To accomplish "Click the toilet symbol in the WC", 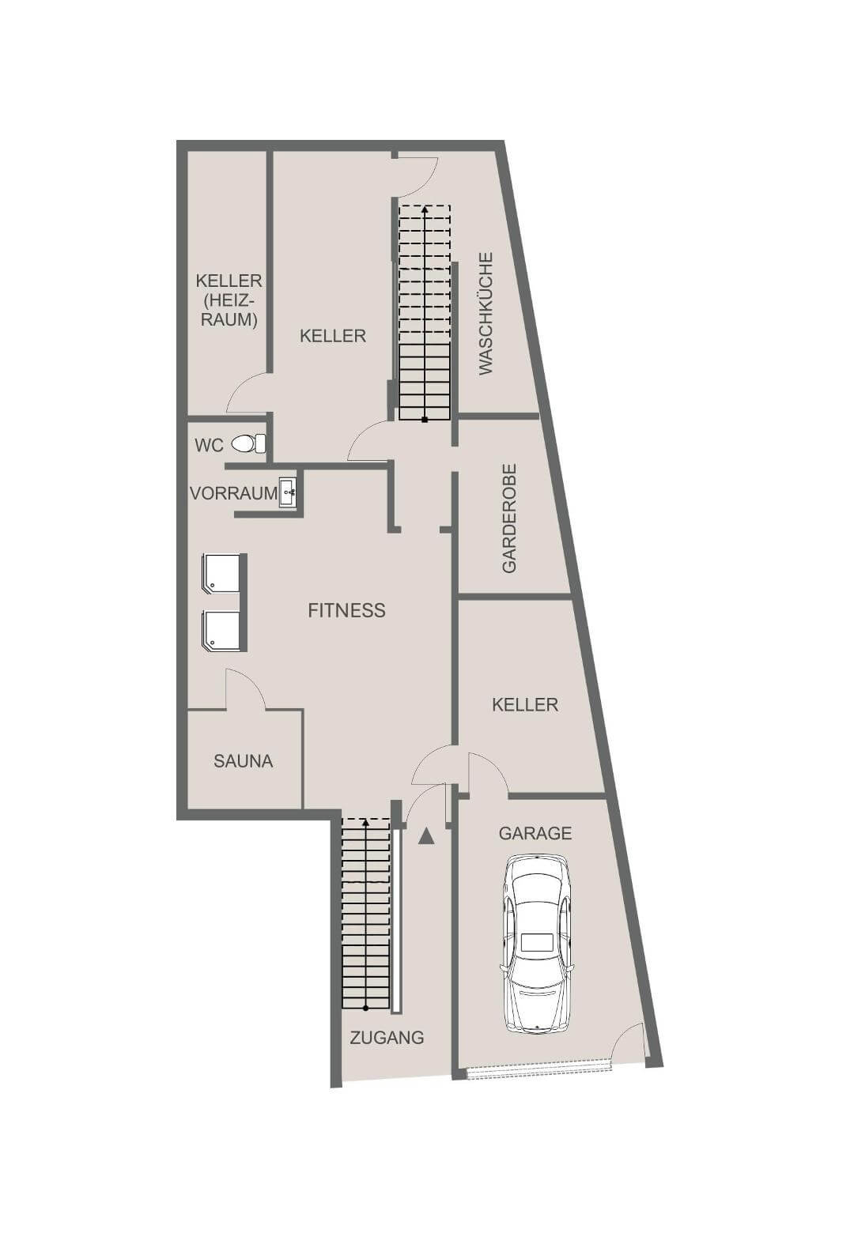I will pyautogui.click(x=248, y=443).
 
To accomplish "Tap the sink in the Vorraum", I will pyautogui.click(x=288, y=492).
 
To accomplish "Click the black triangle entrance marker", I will pyautogui.click(x=426, y=836).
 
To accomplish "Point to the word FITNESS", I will pyautogui.click(x=346, y=610).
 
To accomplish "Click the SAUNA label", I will pyautogui.click(x=243, y=761).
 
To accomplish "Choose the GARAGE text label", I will pyautogui.click(x=535, y=833).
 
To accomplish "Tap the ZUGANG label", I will pyautogui.click(x=387, y=1038).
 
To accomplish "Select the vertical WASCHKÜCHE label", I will pyautogui.click(x=486, y=313).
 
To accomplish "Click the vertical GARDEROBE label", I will pyautogui.click(x=509, y=518).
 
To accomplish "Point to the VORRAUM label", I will pyautogui.click(x=233, y=493).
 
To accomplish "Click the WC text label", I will pyautogui.click(x=209, y=445).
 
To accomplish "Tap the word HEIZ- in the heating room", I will pyautogui.click(x=229, y=300).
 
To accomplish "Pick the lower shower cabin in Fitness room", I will pyautogui.click(x=222, y=631).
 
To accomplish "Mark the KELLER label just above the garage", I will pyautogui.click(x=524, y=704).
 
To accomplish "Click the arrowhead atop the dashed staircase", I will pyautogui.click(x=425, y=210).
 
